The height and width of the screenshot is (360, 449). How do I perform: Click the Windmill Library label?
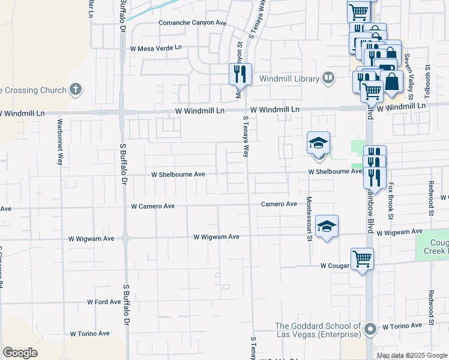290,78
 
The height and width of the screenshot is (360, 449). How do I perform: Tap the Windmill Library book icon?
328,77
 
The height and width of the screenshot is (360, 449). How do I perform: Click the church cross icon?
75,90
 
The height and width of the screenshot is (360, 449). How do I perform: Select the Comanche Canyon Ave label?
192,23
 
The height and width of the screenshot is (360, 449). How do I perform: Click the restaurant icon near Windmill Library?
240,74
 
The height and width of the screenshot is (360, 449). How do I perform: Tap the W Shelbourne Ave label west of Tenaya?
178,175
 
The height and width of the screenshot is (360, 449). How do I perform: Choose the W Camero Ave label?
153,206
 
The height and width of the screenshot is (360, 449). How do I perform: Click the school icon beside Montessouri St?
327,226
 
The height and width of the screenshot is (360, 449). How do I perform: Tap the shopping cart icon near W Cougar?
363,259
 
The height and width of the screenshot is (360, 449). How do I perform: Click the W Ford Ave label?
104,302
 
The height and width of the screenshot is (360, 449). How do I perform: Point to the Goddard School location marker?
370,329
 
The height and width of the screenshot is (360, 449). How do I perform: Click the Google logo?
20,353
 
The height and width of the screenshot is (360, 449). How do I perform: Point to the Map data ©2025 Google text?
411,355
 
